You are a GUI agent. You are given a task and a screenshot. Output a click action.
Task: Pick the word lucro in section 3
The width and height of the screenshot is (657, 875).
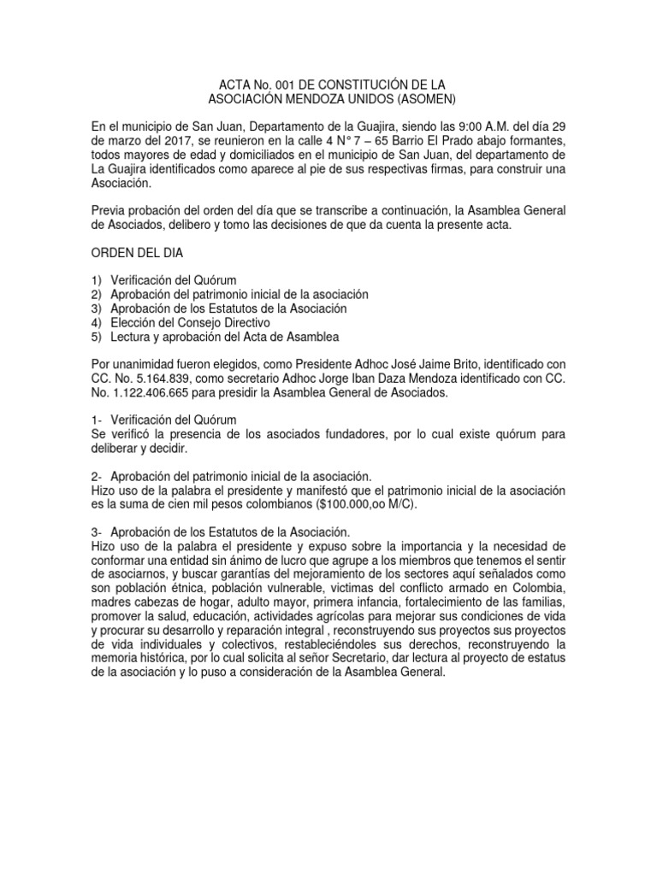click(x=291, y=560)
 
